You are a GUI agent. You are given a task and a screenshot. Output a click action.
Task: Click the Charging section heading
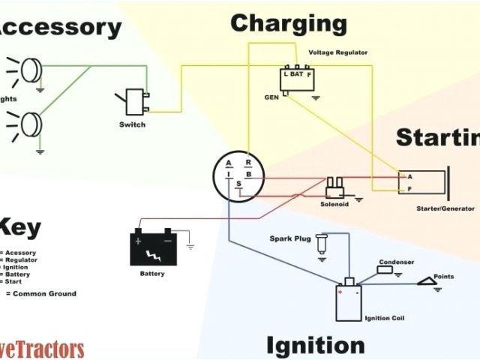tap(289, 23)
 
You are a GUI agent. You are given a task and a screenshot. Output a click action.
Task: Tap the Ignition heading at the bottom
tap(315, 346)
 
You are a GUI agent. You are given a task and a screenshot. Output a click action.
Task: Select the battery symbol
tap(154, 248)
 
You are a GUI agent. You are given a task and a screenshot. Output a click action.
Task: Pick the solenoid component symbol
tap(334, 185)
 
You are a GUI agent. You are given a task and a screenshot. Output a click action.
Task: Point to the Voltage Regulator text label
tap(339, 53)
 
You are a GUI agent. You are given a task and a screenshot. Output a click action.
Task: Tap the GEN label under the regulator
tap(271, 97)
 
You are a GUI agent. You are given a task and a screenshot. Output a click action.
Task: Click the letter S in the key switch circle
tap(238, 184)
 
